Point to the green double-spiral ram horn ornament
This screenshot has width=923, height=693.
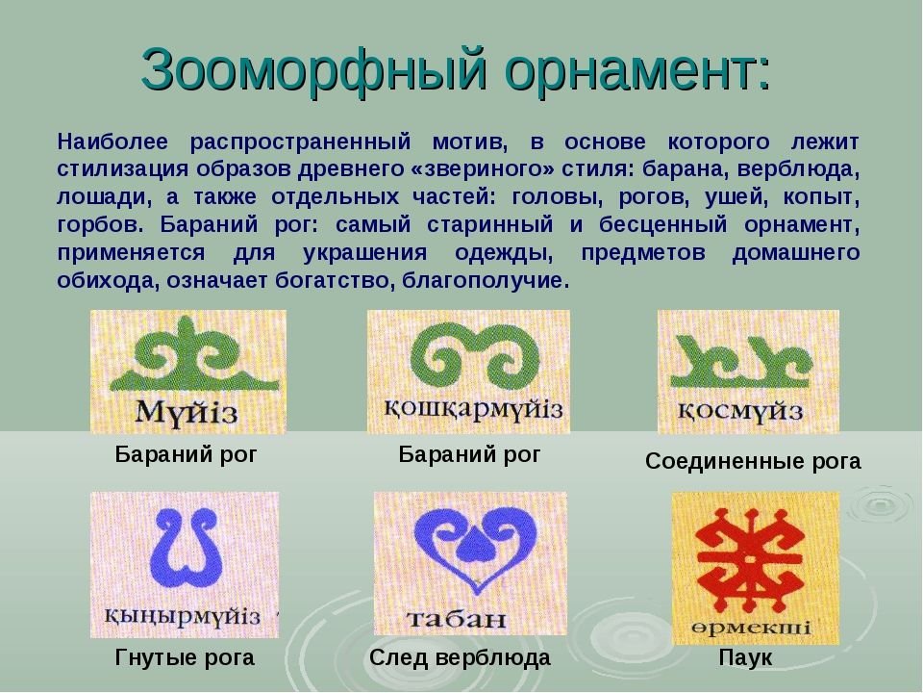pyautogui.click(x=474, y=355)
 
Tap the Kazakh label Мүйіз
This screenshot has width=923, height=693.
pyautogui.click(x=187, y=411)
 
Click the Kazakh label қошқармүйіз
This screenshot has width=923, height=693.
pyautogui.click(x=474, y=409)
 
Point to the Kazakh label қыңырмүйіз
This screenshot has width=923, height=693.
pyautogui.click(x=182, y=616)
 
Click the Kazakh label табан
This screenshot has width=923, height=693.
pyautogui.click(x=456, y=618)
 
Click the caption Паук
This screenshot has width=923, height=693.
pyautogui.click(x=744, y=657)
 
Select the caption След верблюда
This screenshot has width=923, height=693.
pyautogui.click(x=460, y=657)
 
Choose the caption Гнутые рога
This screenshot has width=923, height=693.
pyautogui.click(x=185, y=656)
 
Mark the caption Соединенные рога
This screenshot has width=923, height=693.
pyautogui.click(x=753, y=461)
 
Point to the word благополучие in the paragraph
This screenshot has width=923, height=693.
pyautogui.click(x=486, y=281)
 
